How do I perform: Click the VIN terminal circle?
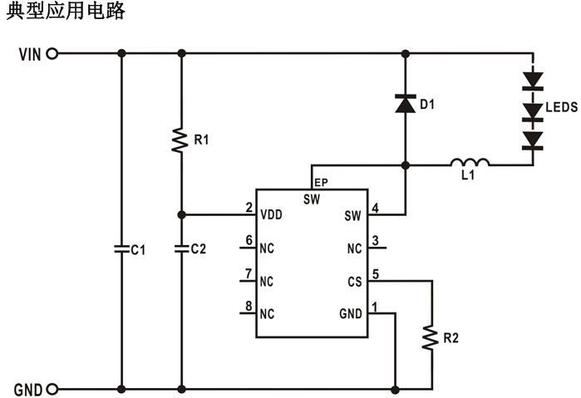53,54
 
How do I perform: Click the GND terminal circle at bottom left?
53,388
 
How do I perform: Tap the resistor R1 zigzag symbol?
181,140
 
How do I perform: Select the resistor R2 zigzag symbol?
431,337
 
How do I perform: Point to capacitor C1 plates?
122,248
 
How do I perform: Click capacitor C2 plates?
181,248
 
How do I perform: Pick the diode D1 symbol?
405,104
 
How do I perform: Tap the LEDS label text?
562,108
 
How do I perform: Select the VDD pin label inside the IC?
271,215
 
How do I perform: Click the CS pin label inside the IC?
355,281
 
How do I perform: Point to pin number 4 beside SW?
376,208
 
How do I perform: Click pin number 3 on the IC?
376,241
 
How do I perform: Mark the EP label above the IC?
319,184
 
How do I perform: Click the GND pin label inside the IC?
351,314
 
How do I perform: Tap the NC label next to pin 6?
266,248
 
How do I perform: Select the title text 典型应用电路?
65,12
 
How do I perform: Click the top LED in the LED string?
532,81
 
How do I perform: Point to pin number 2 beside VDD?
249,208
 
